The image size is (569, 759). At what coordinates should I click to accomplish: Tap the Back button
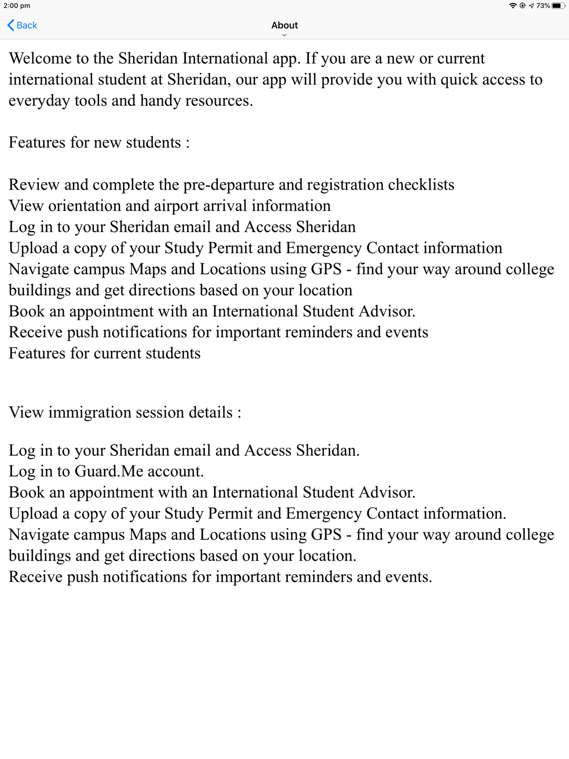click(x=22, y=25)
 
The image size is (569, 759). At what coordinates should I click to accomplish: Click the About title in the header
click(x=284, y=25)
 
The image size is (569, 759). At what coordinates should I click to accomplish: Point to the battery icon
click(x=558, y=6)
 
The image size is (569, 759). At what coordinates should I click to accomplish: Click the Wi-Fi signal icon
click(x=513, y=6)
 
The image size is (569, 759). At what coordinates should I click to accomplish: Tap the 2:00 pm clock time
click(x=17, y=6)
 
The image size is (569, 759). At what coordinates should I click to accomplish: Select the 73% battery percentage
click(x=543, y=6)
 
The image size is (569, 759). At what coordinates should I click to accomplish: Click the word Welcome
click(x=40, y=59)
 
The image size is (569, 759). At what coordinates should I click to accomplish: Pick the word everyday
click(x=39, y=101)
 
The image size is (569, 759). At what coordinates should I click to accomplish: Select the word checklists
click(x=421, y=185)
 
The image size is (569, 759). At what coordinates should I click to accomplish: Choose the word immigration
click(x=90, y=412)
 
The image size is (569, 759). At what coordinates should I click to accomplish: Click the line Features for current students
click(x=105, y=353)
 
